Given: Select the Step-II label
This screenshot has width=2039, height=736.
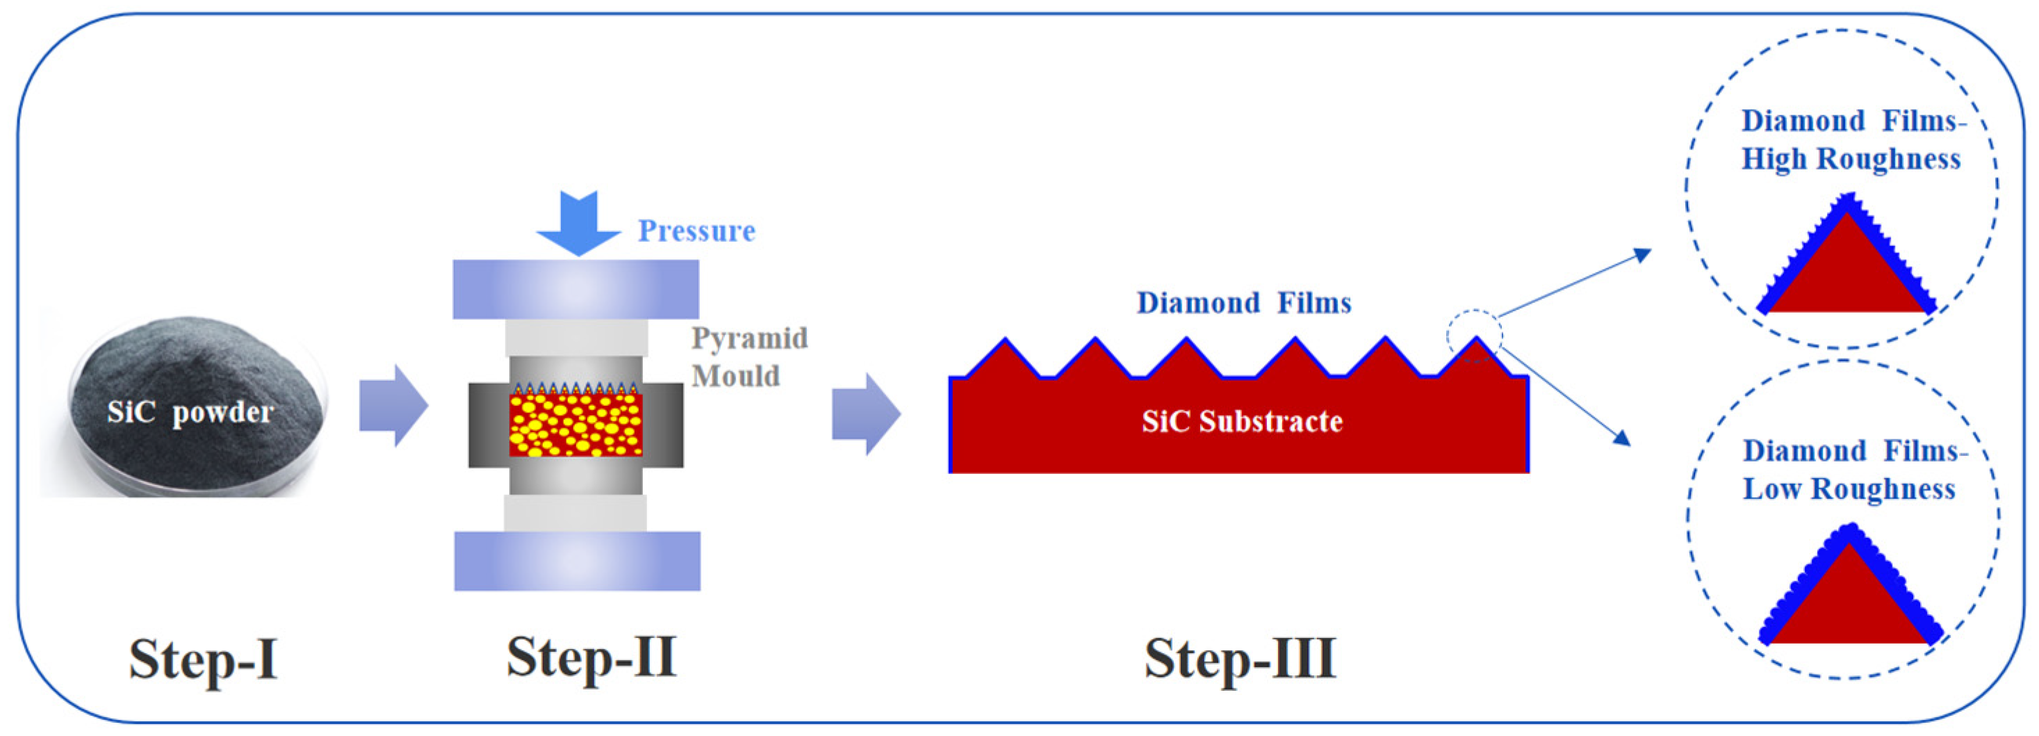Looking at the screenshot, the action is [591, 656].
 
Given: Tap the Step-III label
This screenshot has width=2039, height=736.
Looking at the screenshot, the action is [1240, 657].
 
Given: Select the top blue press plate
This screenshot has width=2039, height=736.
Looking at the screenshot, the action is [575, 290].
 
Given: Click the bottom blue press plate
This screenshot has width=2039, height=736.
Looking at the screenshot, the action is [577, 561].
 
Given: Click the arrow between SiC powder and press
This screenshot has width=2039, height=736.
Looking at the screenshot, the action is [393, 406].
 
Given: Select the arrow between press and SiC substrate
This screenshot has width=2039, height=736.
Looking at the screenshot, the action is [866, 414].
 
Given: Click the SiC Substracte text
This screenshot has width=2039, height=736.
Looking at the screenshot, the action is [1242, 421].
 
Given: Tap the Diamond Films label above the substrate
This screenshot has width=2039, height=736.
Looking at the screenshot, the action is [1243, 303].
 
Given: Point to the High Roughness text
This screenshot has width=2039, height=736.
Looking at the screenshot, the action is [1851, 159].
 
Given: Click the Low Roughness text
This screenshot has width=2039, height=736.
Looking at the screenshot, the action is [1849, 489].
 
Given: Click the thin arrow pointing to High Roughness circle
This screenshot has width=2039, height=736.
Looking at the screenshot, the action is [1575, 284].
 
